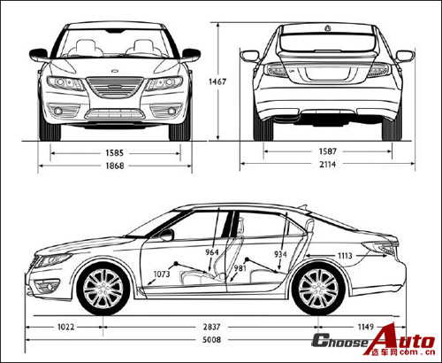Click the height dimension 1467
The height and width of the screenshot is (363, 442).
[x=217, y=81]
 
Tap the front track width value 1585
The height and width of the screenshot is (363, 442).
[x=115, y=153]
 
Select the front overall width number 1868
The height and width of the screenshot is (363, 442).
[x=115, y=166]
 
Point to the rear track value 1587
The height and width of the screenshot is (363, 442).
[x=328, y=151]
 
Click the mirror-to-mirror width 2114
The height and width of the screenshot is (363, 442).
[x=328, y=165]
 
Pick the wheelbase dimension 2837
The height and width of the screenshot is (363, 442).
[x=211, y=327]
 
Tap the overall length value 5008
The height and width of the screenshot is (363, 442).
[x=211, y=340]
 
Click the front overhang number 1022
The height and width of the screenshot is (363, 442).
[x=65, y=327]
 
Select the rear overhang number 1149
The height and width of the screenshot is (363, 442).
[x=366, y=327]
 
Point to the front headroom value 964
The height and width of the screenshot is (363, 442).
[x=212, y=252]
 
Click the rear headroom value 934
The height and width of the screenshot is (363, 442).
[x=280, y=254]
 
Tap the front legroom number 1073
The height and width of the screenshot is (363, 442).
[x=162, y=274]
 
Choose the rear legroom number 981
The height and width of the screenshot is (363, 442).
[x=240, y=268]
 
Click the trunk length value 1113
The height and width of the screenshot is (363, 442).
[x=345, y=256]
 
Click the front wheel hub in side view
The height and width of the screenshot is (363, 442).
[x=103, y=289]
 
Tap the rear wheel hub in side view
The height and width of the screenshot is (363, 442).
[x=318, y=289]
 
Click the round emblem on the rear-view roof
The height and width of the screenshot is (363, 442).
[x=327, y=28]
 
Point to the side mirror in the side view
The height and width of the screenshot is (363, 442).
[x=167, y=235]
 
